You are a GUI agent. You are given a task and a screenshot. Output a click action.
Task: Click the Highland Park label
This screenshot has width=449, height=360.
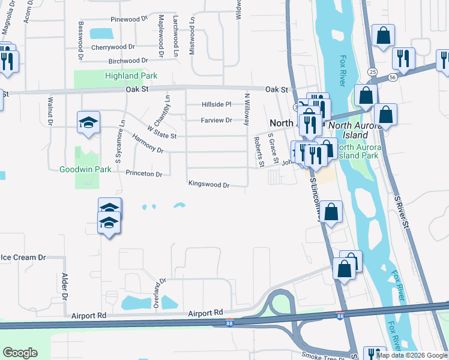(131, 76)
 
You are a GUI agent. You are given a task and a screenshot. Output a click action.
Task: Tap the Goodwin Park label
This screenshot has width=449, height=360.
(85, 170)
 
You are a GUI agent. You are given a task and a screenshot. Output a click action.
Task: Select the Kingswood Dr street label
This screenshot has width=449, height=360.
(209, 185)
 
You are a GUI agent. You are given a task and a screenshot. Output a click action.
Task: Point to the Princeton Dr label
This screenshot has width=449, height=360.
(144, 174)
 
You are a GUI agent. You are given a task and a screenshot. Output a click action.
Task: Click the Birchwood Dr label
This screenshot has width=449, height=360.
(128, 61)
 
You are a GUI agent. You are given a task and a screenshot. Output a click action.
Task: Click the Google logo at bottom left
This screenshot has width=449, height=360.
(20, 352)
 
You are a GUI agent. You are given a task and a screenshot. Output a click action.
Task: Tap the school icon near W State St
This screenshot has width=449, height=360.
(88, 122)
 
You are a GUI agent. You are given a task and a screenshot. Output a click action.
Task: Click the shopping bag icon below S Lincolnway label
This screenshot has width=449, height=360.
(331, 211)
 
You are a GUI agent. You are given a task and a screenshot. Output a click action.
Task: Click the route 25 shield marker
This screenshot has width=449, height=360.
(373, 72)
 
